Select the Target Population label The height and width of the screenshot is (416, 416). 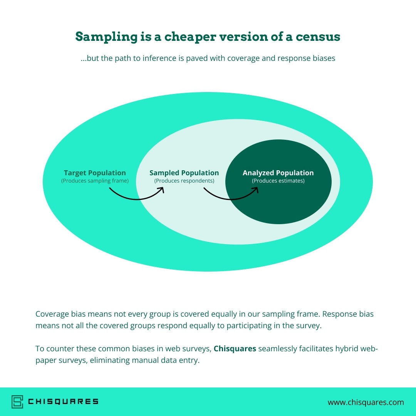pyautogui.click(x=95, y=173)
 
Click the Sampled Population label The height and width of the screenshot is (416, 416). pyautogui.click(x=184, y=173)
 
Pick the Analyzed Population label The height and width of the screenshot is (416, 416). pyautogui.click(x=278, y=173)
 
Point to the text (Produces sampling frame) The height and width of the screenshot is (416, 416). pyautogui.click(x=95, y=181)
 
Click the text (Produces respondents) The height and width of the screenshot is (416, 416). pyautogui.click(x=184, y=181)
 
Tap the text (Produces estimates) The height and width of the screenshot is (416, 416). pyautogui.click(x=278, y=181)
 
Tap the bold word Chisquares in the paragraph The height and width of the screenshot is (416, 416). pyautogui.click(x=235, y=349)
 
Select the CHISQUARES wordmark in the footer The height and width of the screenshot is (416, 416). pyautogui.click(x=63, y=402)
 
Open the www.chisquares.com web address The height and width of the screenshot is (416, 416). pyautogui.click(x=366, y=403)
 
